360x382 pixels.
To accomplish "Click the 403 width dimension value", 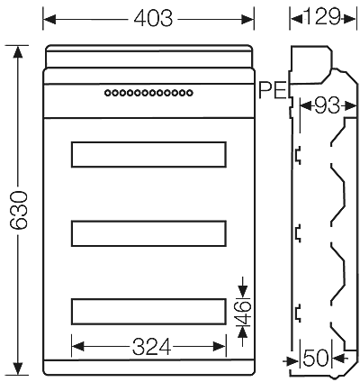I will (148, 17).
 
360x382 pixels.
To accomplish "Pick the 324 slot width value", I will (149, 346).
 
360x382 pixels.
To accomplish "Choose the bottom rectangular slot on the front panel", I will (148, 311).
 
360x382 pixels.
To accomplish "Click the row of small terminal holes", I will (148, 91).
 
